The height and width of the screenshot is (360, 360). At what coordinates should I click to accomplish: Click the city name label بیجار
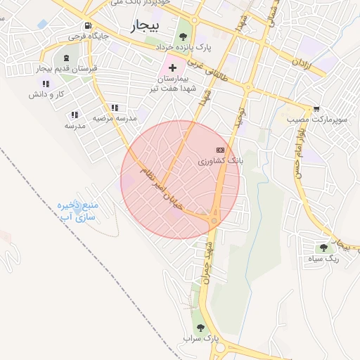coord(146,26)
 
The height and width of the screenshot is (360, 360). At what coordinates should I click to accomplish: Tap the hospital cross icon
coord(172,67)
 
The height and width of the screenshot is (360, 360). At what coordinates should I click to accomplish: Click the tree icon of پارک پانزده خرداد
coord(184,35)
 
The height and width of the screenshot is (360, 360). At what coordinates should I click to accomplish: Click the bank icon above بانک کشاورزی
coord(220,150)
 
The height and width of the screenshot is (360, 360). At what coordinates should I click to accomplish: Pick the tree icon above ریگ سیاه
coord(323,247)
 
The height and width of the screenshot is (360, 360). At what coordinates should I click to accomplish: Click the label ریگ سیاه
coord(323,259)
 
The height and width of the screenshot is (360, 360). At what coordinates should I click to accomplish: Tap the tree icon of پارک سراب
coord(200,327)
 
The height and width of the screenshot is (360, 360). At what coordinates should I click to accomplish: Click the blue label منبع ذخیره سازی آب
coord(77,212)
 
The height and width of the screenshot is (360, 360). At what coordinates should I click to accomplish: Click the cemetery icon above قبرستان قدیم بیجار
coord(66,57)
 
